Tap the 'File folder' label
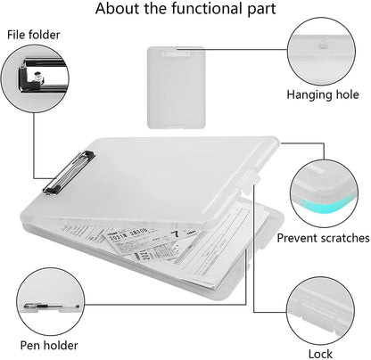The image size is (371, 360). pos(35,35)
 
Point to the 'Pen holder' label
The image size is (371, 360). pos(50,345)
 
